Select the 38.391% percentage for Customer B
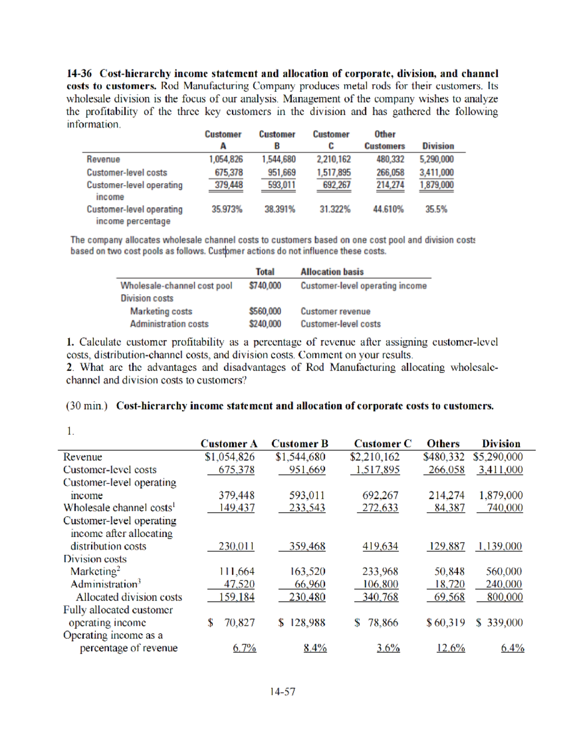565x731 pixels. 280,209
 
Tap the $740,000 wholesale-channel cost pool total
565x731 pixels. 265,286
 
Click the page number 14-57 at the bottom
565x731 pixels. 282,691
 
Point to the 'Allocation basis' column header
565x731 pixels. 332,272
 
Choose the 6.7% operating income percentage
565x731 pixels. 244,648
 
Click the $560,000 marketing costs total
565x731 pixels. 265,311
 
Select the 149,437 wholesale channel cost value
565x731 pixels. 236,508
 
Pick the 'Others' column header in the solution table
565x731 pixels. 443,444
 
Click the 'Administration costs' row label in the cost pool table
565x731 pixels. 169,324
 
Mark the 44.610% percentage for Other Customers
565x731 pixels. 388,209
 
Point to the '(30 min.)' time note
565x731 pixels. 87,406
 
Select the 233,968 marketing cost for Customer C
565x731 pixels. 379,571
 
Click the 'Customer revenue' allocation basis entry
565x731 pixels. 335,311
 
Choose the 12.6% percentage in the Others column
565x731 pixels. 451,648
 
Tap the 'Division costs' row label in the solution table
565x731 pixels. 95,559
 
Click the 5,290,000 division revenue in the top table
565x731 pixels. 436,160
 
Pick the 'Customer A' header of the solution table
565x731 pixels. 229,444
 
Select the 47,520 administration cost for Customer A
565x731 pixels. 239,584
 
